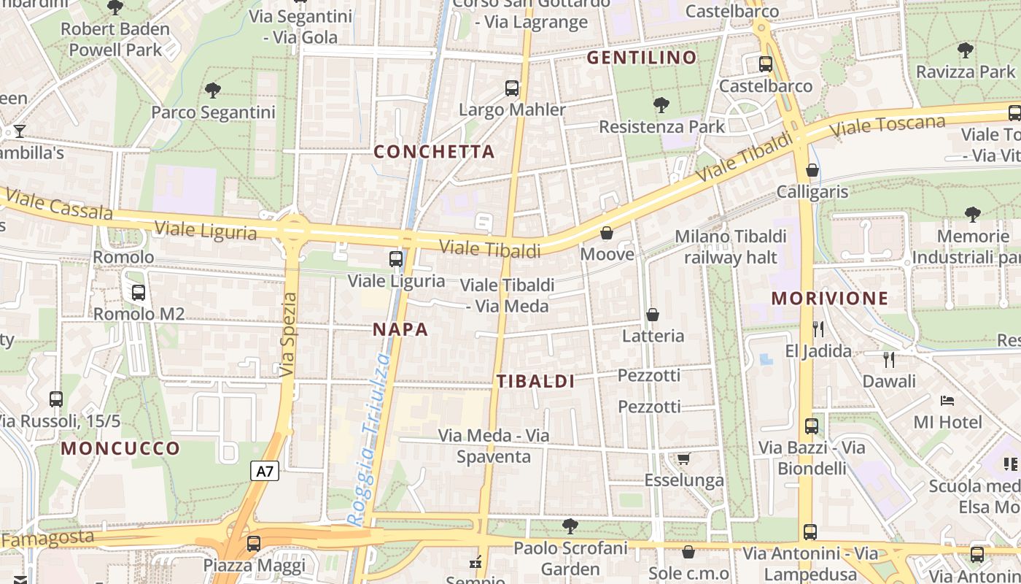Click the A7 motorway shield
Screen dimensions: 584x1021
click(265, 471)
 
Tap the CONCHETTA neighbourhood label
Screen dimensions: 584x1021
click(434, 152)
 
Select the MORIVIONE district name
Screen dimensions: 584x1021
click(830, 298)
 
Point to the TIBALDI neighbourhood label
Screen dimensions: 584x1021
click(536, 381)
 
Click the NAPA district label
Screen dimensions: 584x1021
click(400, 329)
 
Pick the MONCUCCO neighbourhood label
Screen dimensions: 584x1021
click(120, 448)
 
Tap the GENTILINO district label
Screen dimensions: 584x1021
click(642, 58)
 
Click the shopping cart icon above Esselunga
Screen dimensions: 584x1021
click(683, 458)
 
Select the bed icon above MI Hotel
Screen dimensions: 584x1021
click(947, 400)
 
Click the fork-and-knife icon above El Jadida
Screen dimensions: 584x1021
click(818, 328)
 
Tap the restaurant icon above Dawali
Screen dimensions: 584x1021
click(888, 359)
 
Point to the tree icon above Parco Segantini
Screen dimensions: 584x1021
click(213, 90)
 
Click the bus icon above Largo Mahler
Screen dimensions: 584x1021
click(512, 88)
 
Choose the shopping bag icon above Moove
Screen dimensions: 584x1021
click(606, 233)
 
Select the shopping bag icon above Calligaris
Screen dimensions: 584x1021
click(812, 170)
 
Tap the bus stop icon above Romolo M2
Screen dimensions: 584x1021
click(138, 293)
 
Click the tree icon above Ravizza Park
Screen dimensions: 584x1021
click(965, 50)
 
